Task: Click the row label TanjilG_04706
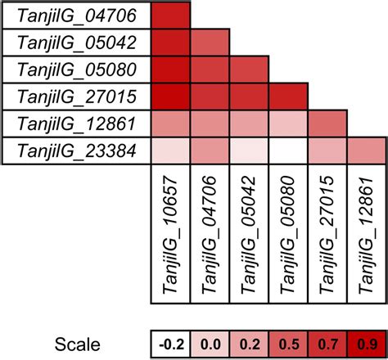point(75,16)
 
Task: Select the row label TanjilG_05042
point(75,43)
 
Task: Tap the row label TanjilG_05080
point(75,70)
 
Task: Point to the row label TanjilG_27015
point(75,97)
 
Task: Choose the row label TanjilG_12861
point(75,124)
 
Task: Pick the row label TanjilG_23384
point(75,151)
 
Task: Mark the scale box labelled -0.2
point(171,343)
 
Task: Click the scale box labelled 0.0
point(210,343)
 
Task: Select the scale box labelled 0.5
point(289,343)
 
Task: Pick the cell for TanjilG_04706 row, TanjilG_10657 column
point(171,16)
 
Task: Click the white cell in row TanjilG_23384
point(289,151)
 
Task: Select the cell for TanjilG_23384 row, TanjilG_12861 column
point(368,151)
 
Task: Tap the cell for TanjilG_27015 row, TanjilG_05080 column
point(289,97)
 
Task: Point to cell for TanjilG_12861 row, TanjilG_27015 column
point(328,124)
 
